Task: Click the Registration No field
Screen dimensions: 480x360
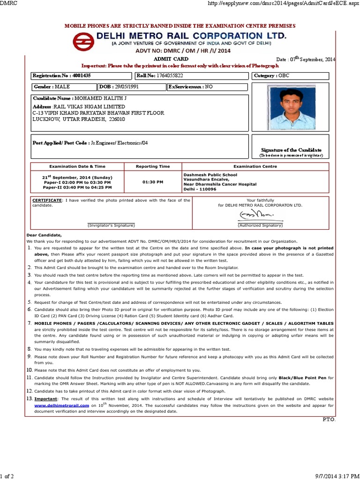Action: tap(81, 75)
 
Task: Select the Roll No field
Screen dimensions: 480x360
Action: tap(191, 75)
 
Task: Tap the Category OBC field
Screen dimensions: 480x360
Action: tap(291, 75)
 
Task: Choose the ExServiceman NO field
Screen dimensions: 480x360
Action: tap(207, 87)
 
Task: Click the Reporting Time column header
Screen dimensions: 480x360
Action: tap(153, 166)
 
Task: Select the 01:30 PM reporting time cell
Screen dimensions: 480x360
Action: tap(153, 182)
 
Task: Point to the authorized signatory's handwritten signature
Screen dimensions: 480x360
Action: tap(255, 215)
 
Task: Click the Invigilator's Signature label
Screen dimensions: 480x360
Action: tap(111, 225)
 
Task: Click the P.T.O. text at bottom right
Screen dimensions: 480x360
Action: tap(329, 419)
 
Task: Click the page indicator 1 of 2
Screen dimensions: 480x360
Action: tap(7, 476)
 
